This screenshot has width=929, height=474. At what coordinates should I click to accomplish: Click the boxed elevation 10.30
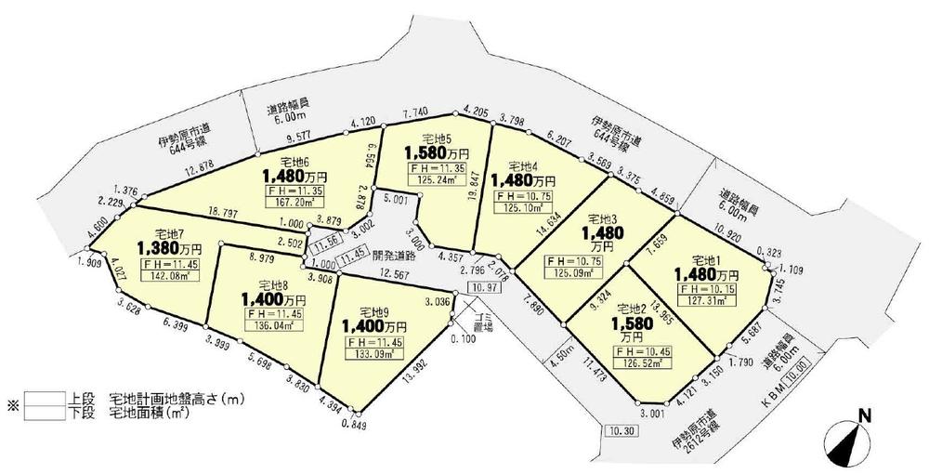pyautogui.click(x=622, y=431)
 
